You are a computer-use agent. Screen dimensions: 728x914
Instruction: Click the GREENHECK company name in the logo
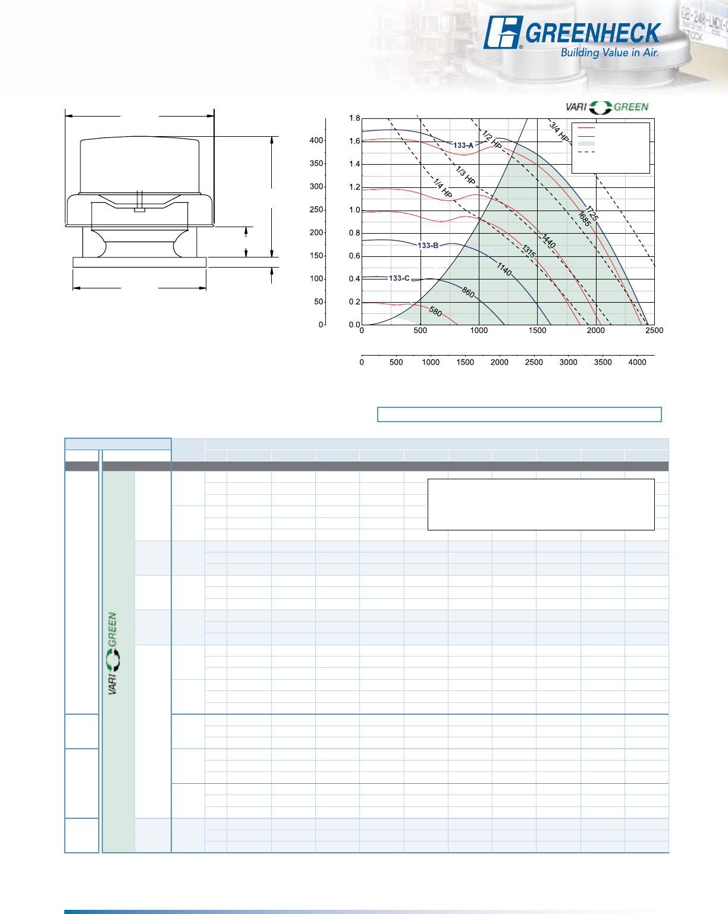(x=593, y=33)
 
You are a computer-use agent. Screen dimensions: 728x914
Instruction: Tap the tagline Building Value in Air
(x=610, y=53)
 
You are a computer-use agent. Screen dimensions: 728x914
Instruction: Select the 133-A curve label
(x=463, y=145)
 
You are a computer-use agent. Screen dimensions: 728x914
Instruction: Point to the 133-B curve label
(x=428, y=246)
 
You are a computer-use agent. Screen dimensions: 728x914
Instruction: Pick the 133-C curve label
(x=399, y=278)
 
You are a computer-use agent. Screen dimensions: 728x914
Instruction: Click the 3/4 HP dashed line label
(x=559, y=131)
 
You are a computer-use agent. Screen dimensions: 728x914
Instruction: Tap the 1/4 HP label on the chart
(x=443, y=188)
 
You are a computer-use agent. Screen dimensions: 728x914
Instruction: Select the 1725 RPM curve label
(x=592, y=213)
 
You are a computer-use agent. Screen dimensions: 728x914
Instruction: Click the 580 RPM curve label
(x=435, y=312)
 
